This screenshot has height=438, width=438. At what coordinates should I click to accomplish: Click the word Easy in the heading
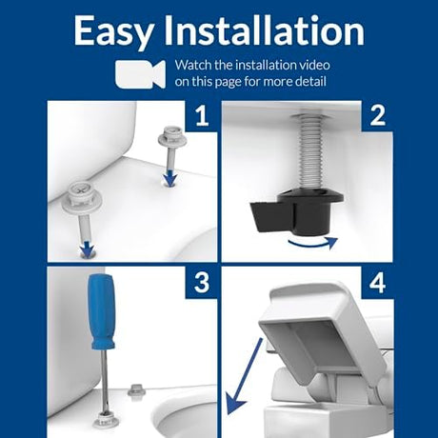pyautogui.click(x=113, y=31)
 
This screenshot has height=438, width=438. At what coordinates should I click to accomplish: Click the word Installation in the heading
pyautogui.click(x=264, y=30)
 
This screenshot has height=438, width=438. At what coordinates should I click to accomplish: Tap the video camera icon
pyautogui.click(x=140, y=73)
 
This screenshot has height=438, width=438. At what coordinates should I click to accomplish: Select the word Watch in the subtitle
pyautogui.click(x=193, y=65)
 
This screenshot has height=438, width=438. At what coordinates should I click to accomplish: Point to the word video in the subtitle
pyautogui.click(x=312, y=65)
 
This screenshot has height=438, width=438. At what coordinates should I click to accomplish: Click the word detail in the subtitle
pyautogui.click(x=310, y=81)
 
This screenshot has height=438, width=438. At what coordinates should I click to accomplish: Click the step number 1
pyautogui.click(x=202, y=116)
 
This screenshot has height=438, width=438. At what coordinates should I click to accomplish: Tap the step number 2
pyautogui.click(x=377, y=116)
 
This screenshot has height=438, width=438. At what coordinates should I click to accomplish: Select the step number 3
pyautogui.click(x=202, y=282)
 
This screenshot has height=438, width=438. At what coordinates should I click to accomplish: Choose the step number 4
pyautogui.click(x=377, y=282)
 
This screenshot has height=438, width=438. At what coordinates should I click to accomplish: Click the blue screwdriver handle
pyautogui.click(x=102, y=312)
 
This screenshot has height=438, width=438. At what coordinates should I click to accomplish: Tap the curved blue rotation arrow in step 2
pyautogui.click(x=312, y=244)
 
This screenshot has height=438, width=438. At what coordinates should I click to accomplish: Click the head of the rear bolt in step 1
pyautogui.click(x=171, y=135)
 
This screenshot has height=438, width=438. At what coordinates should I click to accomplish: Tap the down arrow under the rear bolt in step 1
pyautogui.click(x=170, y=178)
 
